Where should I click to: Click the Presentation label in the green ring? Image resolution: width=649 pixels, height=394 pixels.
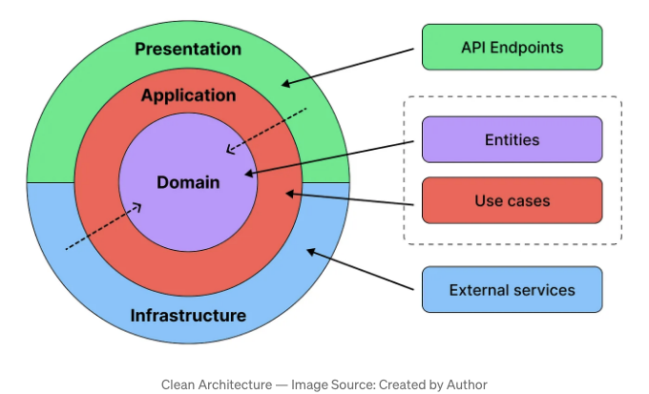[188, 49]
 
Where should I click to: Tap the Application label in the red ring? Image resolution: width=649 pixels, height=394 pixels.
[189, 95]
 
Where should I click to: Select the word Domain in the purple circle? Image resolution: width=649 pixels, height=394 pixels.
[188, 182]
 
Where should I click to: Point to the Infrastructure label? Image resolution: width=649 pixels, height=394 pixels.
[188, 316]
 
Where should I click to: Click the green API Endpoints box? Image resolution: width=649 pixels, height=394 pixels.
[512, 47]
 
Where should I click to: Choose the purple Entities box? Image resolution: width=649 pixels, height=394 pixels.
[512, 139]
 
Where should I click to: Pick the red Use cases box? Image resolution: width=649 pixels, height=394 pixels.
[512, 200]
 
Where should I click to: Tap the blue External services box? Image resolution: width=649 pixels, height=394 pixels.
[512, 289]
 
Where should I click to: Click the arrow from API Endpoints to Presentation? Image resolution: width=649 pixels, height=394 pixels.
[347, 67]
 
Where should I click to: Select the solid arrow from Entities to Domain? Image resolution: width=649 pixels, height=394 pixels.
[329, 158]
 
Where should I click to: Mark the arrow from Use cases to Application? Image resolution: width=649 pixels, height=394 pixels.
[349, 198]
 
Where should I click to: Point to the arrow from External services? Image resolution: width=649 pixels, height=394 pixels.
[360, 269]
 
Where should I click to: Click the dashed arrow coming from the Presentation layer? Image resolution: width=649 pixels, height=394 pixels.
[266, 131]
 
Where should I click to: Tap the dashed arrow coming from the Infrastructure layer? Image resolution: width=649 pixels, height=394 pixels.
[103, 226]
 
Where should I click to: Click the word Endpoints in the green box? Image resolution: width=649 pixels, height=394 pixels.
[527, 48]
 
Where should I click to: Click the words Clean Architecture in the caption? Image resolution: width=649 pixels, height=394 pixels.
[217, 384]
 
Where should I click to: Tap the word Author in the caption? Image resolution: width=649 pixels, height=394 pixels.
[467, 384]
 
